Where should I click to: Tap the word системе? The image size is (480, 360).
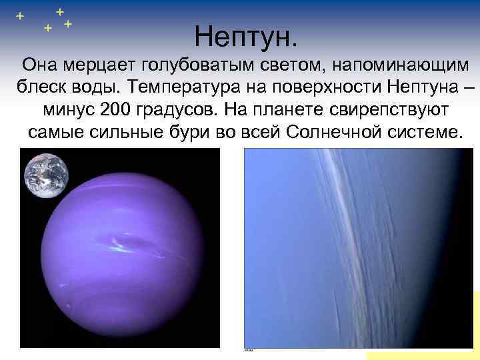pyautogui.click(x=424, y=131)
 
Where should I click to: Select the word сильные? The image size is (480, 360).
pyautogui.click(x=128, y=131)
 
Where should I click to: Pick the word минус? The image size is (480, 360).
pyautogui.click(x=67, y=109)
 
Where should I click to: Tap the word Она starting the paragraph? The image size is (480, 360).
pyautogui.click(x=39, y=65)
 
